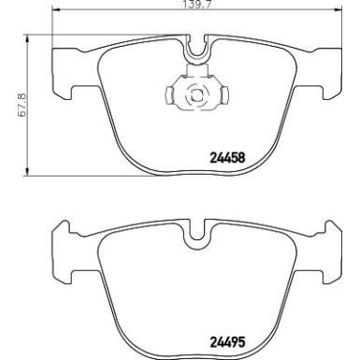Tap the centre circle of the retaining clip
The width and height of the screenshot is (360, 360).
coord(197,94)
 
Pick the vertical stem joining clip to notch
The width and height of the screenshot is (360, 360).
coord(197,68)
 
